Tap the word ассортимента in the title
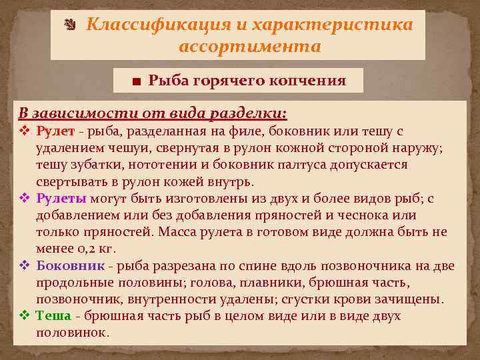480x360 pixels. tap(250, 47)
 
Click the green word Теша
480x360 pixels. tap(50, 315)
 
